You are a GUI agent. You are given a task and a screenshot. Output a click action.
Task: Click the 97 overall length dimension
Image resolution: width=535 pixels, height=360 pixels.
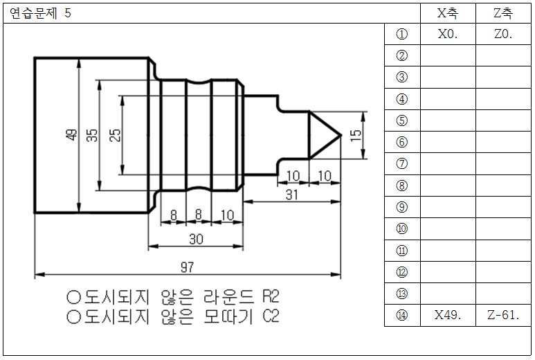click(x=188, y=267)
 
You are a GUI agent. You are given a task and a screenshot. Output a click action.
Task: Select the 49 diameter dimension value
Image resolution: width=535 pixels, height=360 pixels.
click(x=71, y=135)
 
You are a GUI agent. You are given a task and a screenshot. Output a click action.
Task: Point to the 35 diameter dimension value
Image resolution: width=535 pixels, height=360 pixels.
click(x=92, y=135)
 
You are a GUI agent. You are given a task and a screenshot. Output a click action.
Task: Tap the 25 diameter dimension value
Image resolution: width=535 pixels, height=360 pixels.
click(x=115, y=135)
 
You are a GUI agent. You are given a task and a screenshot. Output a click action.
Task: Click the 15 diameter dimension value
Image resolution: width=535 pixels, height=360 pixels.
click(x=356, y=135)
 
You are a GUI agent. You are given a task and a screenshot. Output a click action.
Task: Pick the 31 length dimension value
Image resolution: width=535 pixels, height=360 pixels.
click(x=292, y=195)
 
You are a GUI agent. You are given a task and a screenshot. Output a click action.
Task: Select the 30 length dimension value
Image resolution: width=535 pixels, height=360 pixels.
click(x=196, y=240)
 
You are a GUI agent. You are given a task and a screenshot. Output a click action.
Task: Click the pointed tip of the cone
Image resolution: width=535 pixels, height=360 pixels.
click(x=341, y=135)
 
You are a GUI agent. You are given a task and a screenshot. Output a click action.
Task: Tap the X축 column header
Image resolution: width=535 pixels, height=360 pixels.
click(x=448, y=13)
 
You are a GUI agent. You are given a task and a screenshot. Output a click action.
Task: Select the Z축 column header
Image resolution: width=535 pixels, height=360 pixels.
click(x=503, y=13)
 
